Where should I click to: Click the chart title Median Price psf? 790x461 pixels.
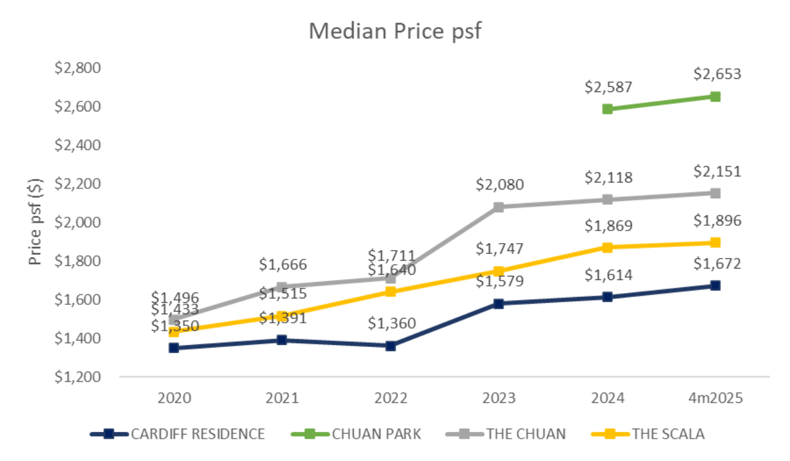click(395, 31)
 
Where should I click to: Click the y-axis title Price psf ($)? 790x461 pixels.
click(36, 222)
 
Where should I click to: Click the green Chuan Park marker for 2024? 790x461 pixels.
click(607, 109)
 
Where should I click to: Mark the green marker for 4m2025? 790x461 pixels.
click(715, 96)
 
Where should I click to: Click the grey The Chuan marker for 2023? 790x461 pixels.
click(498, 207)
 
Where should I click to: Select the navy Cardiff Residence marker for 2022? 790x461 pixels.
click(390, 346)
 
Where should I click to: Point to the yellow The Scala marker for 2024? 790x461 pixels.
click(607, 248)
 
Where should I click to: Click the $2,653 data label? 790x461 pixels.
click(717, 74)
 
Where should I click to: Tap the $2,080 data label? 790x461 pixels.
click(500, 185)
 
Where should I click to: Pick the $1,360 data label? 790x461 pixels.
click(392, 324)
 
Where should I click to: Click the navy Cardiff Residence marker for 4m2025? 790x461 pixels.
click(715, 286)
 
